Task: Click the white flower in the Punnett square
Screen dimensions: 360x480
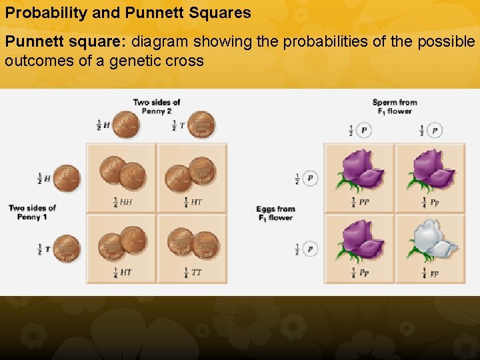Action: tap(431, 241)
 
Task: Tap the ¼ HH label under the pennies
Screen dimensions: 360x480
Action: tap(122, 201)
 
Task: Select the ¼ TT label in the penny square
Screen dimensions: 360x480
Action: tap(193, 272)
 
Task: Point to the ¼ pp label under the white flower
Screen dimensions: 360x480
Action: tap(431, 272)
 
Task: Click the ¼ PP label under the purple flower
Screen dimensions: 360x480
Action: tap(359, 201)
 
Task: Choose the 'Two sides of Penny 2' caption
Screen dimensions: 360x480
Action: tap(157, 107)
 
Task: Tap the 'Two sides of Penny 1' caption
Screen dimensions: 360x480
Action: tap(32, 213)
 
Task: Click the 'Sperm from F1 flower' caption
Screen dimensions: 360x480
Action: tap(395, 107)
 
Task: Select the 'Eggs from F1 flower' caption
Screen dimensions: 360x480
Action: tap(275, 213)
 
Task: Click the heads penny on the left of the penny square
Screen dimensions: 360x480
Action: tap(66, 178)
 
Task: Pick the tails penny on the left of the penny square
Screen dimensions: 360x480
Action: tap(66, 249)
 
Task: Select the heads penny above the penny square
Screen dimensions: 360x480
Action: tap(125, 125)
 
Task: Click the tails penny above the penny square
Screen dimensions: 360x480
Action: tap(200, 125)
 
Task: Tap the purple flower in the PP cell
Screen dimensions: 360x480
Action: tap(360, 170)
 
